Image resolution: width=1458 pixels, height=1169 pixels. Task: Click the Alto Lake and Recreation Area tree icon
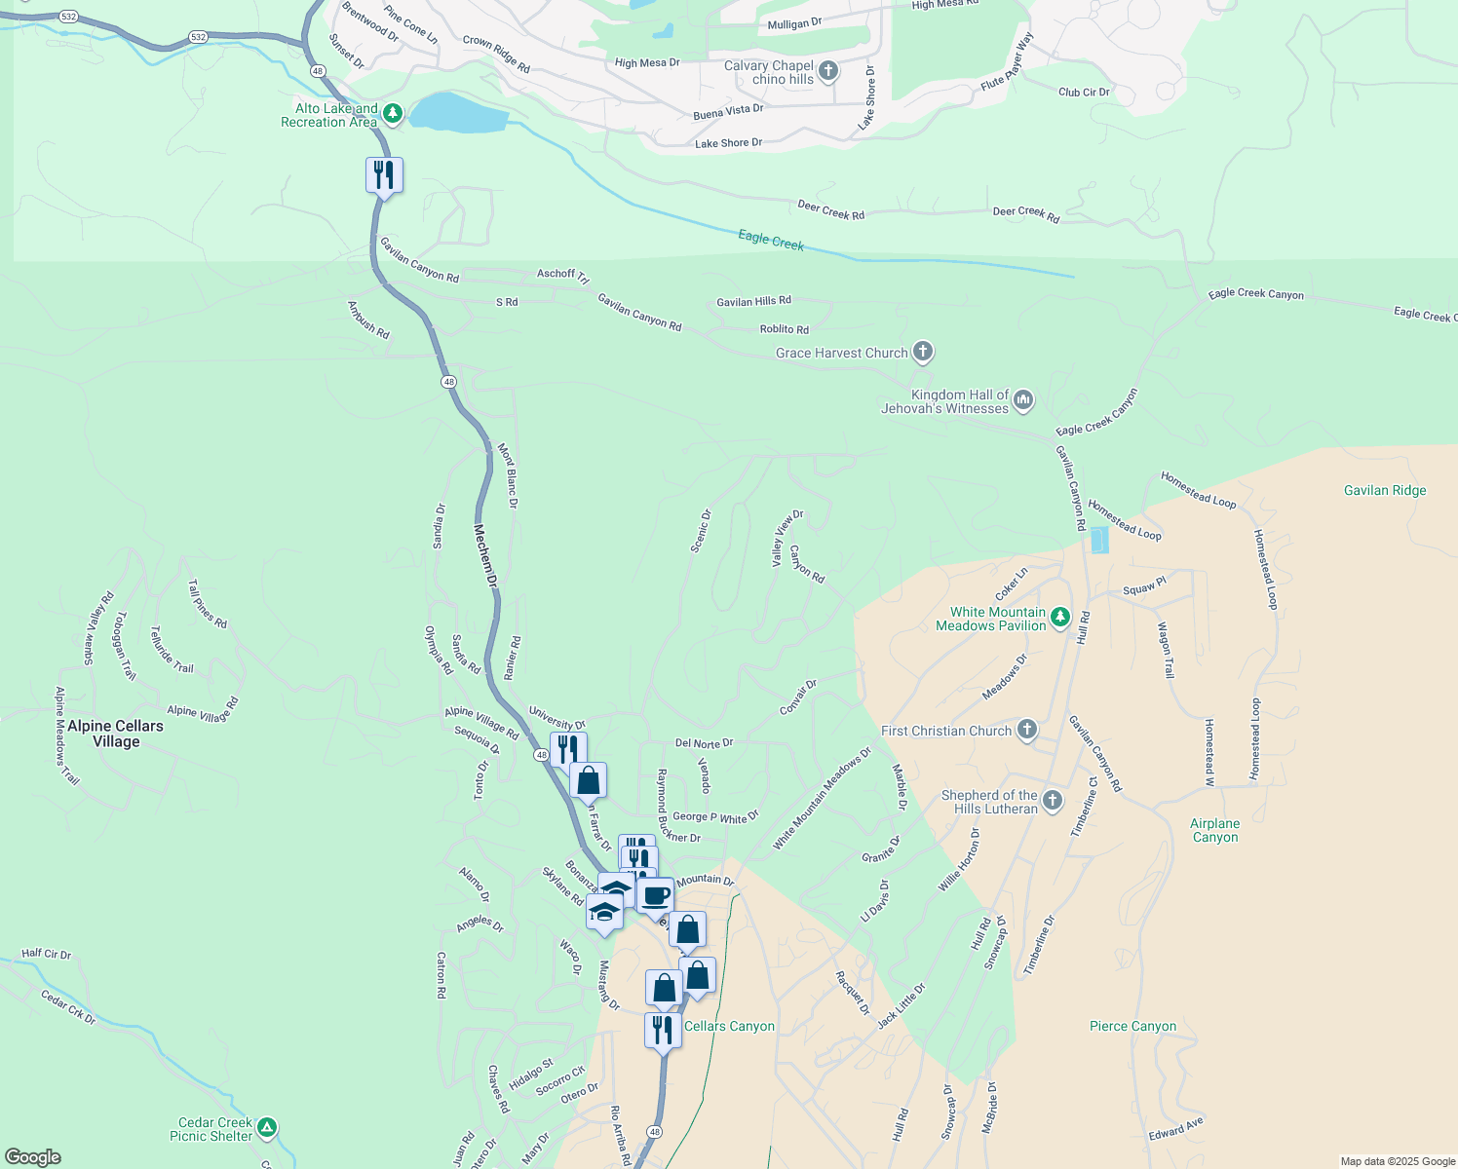(x=392, y=115)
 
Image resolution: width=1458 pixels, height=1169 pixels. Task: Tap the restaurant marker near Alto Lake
(x=384, y=176)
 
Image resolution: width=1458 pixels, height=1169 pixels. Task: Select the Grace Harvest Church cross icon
(x=923, y=353)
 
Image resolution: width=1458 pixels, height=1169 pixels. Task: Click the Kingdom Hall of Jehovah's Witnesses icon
(x=1022, y=400)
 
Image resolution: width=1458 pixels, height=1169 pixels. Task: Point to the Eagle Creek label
(x=771, y=240)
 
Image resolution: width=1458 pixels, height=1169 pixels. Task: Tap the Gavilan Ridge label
(x=1384, y=490)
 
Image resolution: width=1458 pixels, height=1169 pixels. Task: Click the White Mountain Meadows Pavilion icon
(x=1060, y=618)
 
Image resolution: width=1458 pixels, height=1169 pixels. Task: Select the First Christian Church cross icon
(x=1026, y=731)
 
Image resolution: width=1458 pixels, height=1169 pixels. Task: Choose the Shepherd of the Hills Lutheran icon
(x=1052, y=802)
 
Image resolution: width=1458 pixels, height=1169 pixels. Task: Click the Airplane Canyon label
(x=1214, y=830)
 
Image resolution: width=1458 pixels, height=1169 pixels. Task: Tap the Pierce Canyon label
(x=1132, y=1026)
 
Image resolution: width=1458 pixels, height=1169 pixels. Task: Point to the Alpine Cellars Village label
(x=115, y=734)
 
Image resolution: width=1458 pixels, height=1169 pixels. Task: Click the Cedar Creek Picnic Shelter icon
(x=266, y=1128)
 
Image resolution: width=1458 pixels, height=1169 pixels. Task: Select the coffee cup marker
(x=656, y=895)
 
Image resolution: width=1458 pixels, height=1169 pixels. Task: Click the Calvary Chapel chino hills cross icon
(x=827, y=71)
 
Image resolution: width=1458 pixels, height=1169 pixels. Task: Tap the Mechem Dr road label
(x=485, y=555)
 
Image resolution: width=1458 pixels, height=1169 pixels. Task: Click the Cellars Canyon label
(x=729, y=1026)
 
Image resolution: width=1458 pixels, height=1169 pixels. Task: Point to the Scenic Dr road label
(x=701, y=531)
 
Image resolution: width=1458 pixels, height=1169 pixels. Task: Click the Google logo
(x=33, y=1157)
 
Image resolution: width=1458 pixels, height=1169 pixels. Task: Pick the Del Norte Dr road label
(x=704, y=743)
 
